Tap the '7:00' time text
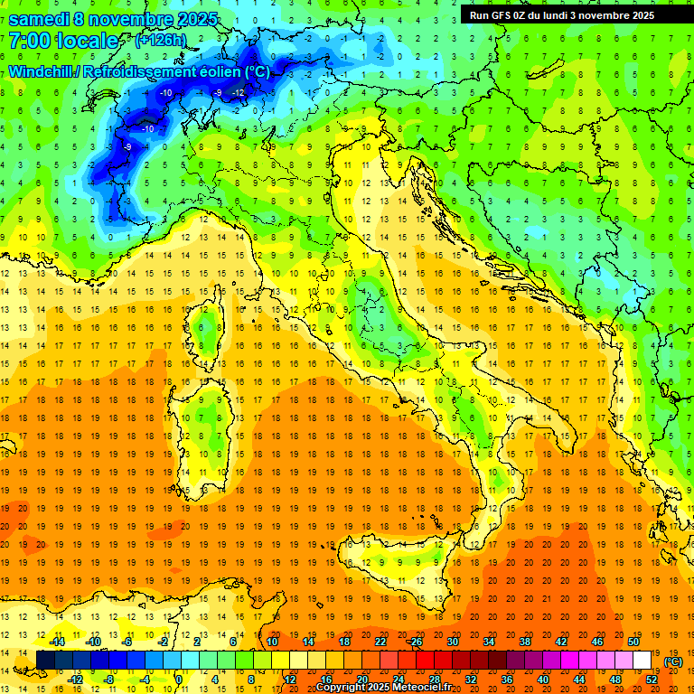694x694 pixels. pos(28,42)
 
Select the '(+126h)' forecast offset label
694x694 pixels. pos(160,40)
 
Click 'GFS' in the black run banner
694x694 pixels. pos(502,15)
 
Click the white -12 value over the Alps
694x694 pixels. pos(238,92)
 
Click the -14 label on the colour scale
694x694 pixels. pos(58,642)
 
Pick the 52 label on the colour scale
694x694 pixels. pos(651,680)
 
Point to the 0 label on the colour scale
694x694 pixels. pos(179,680)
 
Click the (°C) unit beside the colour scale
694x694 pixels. pos(672,661)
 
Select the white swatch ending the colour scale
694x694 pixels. pos(642,661)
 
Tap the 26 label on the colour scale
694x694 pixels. pos(416,642)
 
